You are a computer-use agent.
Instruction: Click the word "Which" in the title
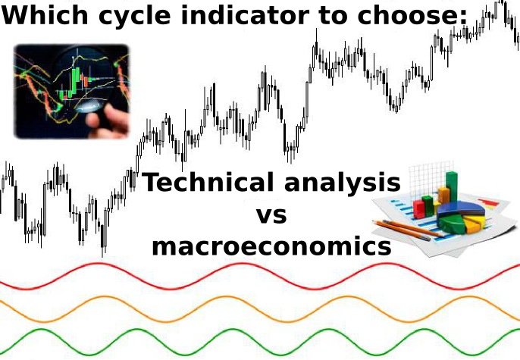[45, 15]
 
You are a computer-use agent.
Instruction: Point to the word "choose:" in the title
[412, 15]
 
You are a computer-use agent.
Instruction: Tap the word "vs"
[271, 215]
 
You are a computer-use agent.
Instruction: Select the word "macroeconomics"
[271, 247]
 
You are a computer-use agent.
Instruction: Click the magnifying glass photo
[71, 91]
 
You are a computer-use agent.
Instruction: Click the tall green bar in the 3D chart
[451, 186]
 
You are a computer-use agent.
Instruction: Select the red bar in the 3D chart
[419, 208]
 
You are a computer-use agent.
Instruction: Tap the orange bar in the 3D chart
[443, 195]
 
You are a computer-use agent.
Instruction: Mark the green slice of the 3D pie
[451, 224]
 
